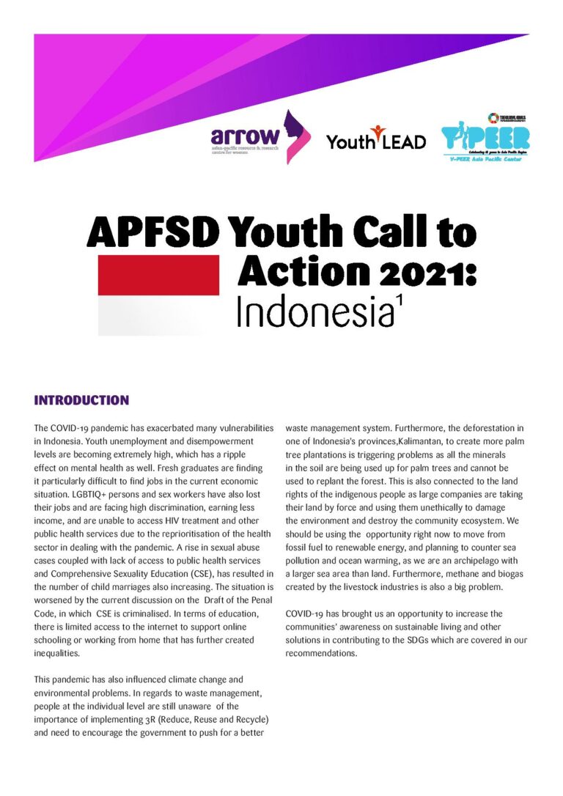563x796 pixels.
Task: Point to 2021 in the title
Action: click(x=422, y=270)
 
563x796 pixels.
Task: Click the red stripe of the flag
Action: click(x=158, y=275)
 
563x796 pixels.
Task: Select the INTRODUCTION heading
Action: click(x=81, y=400)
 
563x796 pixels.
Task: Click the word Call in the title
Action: click(x=393, y=234)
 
